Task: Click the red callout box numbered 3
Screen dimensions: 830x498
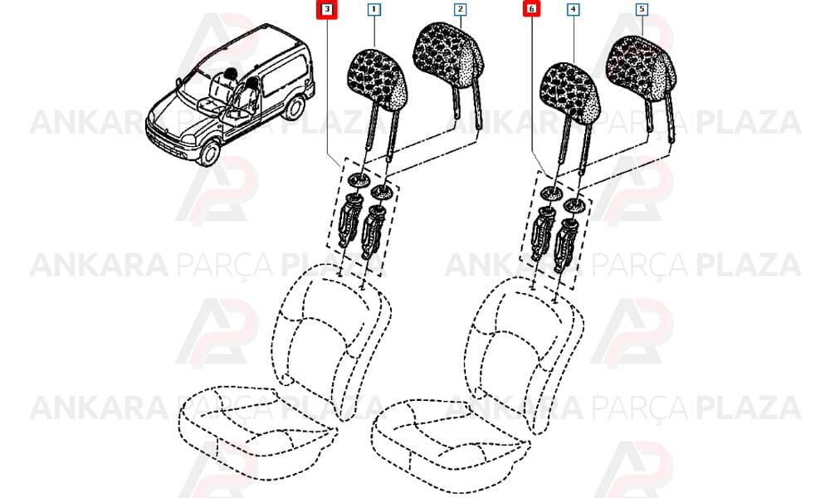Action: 327,9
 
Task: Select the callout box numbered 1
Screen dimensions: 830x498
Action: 374,9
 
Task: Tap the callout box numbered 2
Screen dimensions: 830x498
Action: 460,9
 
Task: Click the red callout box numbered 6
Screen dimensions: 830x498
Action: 531,9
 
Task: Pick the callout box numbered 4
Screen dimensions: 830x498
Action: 573,9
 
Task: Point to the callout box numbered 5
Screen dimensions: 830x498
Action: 642,9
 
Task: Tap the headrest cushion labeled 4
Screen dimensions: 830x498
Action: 569,93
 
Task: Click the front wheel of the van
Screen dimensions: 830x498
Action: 210,151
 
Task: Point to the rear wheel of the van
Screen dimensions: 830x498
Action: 294,106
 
